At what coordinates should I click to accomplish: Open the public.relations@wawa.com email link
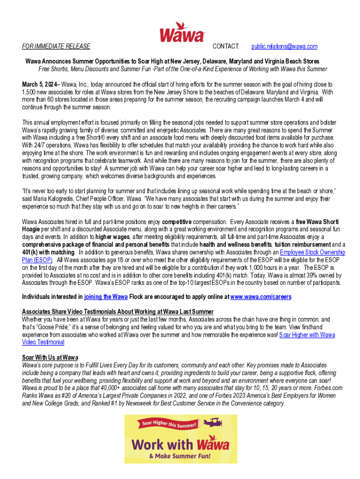coord(284,47)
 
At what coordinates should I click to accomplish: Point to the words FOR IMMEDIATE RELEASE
coord(56,47)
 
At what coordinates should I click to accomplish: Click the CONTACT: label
coord(226,47)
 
